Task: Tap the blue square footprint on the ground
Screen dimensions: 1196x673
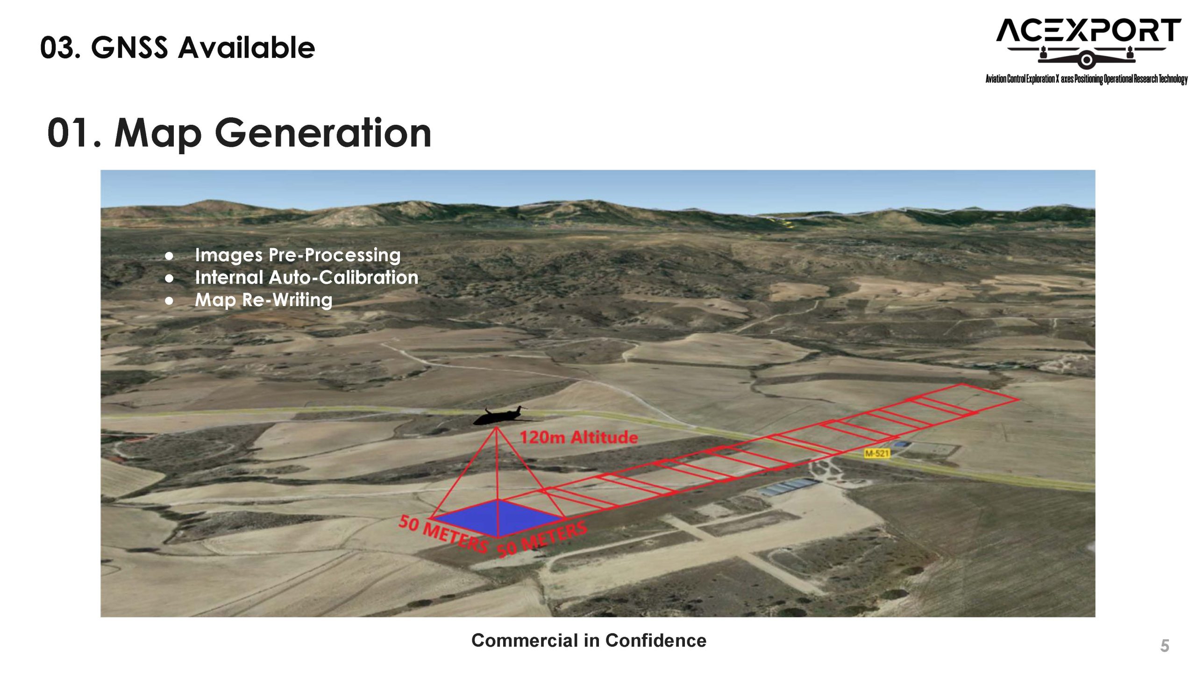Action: [x=498, y=517]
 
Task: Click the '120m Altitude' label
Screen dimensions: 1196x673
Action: [x=579, y=437]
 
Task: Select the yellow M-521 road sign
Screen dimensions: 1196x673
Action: [x=876, y=453]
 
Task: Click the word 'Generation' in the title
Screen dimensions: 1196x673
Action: [x=323, y=133]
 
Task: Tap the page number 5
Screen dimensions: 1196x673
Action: [x=1165, y=646]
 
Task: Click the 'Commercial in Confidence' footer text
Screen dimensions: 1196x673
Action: [x=589, y=640]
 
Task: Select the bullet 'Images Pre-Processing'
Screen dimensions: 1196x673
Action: [x=298, y=255]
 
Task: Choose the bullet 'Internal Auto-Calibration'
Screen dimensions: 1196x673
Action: [x=306, y=278]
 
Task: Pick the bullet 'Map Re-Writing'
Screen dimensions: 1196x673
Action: [x=263, y=300]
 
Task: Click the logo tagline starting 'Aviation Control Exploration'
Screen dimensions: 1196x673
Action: [x=1087, y=79]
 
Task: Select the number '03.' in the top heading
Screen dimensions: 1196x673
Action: [x=60, y=48]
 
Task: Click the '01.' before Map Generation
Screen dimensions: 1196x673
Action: [x=74, y=133]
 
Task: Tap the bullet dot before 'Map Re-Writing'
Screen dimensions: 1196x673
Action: [x=169, y=301]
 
